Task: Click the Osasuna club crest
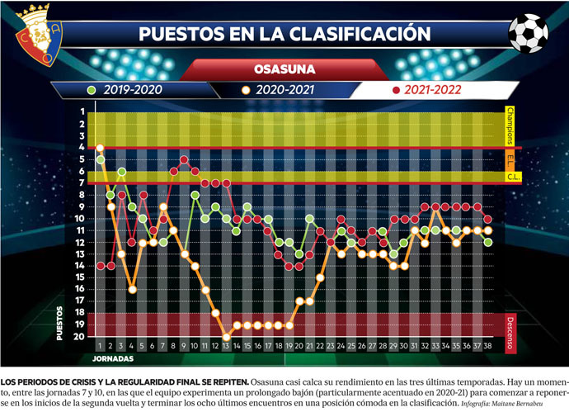[32, 32]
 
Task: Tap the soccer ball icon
[528, 33]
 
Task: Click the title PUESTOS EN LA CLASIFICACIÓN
[284, 34]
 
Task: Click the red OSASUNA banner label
[284, 69]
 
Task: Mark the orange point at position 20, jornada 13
[226, 337]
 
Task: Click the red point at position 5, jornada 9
[184, 159]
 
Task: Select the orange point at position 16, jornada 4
[132, 289]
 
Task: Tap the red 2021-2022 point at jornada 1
[101, 266]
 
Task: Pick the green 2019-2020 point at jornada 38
[488, 242]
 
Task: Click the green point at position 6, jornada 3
[121, 172]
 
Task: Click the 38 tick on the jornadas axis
[488, 348]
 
